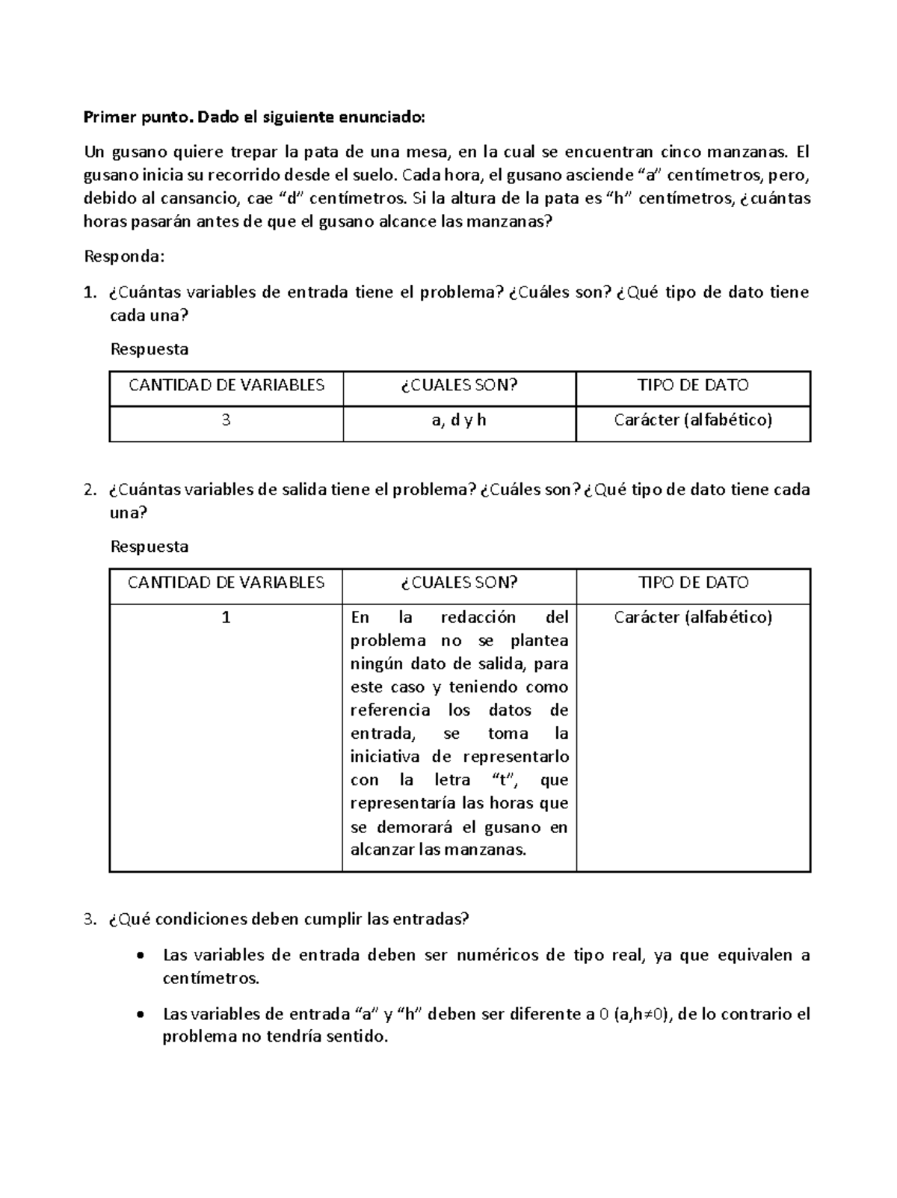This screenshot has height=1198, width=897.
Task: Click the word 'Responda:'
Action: (123, 257)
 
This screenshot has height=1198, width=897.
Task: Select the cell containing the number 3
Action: (226, 420)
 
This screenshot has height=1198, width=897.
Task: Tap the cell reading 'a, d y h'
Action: (459, 420)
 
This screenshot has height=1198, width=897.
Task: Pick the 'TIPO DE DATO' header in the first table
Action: (693, 385)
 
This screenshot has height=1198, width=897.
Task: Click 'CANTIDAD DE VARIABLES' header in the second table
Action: (226, 583)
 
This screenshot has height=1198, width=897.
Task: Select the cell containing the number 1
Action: (226, 618)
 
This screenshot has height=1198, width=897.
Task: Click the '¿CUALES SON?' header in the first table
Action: (459, 385)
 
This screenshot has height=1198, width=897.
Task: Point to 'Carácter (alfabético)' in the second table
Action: (693, 618)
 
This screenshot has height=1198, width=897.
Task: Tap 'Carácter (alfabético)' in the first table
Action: (693, 420)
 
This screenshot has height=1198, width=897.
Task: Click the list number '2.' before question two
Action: (90, 491)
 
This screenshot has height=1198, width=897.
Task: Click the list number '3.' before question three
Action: (90, 919)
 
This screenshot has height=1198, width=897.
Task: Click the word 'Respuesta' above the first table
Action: (149, 349)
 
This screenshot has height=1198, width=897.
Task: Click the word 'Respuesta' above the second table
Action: (149, 547)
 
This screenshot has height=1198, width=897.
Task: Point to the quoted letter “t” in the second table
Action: (506, 781)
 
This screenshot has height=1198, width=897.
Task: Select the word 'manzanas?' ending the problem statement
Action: (518, 222)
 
